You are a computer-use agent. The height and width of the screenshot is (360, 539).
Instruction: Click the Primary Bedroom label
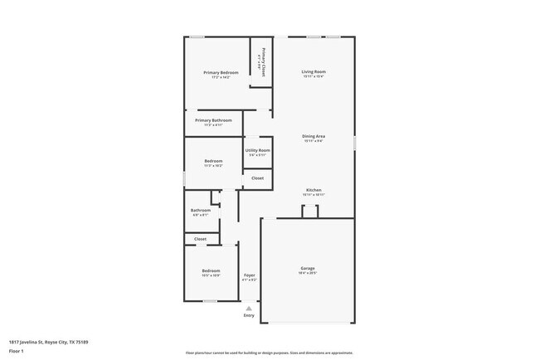(221, 73)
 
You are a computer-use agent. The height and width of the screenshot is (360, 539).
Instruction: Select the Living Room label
(313, 72)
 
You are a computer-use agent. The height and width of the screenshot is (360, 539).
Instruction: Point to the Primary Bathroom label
(213, 120)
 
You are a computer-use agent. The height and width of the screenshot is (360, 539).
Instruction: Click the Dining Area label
(313, 136)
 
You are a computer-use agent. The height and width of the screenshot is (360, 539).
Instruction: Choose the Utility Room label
(258, 150)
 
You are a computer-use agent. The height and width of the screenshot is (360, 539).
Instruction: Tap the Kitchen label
(313, 190)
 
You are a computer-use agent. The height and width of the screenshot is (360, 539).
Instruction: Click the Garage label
(308, 268)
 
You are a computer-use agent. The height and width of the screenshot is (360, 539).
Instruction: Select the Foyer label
(249, 275)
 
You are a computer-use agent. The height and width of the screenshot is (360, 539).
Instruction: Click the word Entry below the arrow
(249, 315)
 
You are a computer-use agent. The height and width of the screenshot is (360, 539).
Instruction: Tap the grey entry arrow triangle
(249, 307)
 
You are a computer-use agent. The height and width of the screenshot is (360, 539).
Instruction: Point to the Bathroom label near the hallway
(201, 210)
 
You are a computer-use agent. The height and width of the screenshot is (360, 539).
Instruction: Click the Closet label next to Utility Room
(258, 178)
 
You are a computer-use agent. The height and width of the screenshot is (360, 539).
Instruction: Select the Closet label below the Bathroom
(201, 239)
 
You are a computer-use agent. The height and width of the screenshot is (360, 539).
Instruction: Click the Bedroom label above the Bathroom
(213, 160)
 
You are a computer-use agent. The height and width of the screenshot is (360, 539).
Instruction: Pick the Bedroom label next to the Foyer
(211, 270)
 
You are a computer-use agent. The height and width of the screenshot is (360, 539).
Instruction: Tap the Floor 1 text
(15, 351)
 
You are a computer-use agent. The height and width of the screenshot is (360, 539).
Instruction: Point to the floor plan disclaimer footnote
(269, 353)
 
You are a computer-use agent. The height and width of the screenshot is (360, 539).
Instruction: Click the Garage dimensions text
(308, 273)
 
